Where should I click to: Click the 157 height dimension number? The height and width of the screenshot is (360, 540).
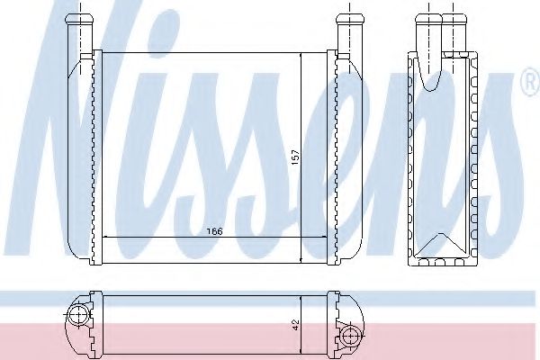click(x=294, y=157)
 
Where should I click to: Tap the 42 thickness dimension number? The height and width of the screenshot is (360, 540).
click(x=297, y=320)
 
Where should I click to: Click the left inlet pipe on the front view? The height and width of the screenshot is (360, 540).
click(x=84, y=27)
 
